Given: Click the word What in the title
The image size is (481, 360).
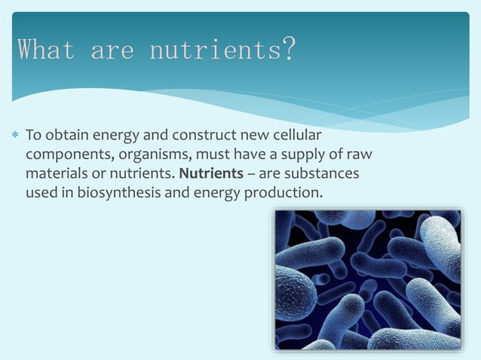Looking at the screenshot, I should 46,51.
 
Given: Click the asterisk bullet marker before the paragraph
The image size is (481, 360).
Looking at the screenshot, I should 14,137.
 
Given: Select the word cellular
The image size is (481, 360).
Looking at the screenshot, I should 296,136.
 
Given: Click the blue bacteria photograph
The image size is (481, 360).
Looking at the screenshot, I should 367,279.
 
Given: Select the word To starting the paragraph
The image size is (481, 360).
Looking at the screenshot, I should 32,136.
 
